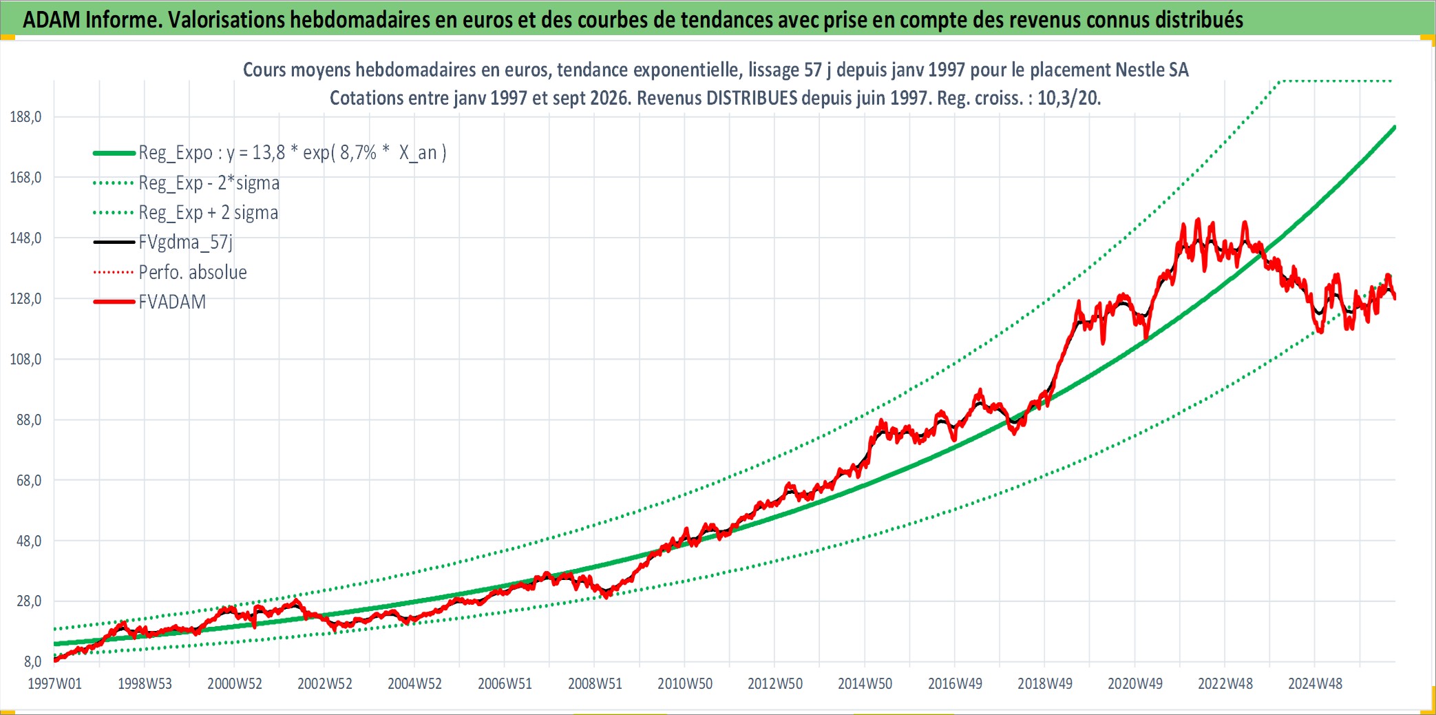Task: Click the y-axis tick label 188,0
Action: (25, 116)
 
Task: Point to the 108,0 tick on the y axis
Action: (25, 359)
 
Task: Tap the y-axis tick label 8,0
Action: (32, 661)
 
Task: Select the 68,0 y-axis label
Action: (29, 480)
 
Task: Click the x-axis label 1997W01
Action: (54, 683)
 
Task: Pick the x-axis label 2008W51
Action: (595, 683)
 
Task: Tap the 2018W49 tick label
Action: (1045, 683)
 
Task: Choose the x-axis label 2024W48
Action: (1315, 683)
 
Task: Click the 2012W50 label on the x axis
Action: (775, 683)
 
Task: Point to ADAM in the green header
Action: (52, 19)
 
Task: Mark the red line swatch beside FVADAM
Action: (114, 302)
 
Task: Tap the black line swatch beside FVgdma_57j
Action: (114, 242)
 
